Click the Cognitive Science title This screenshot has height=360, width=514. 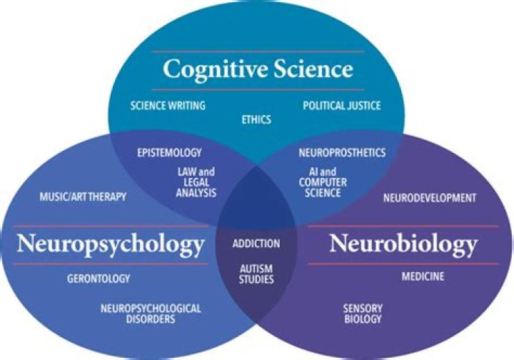coord(258,69)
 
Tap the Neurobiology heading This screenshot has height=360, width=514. coord(403,244)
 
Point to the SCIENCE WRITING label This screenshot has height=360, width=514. coord(168,106)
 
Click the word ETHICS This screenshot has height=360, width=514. coord(257,119)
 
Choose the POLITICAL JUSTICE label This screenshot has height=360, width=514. coord(342,106)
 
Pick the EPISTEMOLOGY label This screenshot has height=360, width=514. coord(169,152)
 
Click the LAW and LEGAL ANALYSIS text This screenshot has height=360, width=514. coord(196,182)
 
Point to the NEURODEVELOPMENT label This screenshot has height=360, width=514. coord(429,196)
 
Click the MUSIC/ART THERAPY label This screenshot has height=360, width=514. coord(84,196)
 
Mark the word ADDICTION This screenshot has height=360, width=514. coord(256,244)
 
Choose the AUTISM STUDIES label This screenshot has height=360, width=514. coord(256,274)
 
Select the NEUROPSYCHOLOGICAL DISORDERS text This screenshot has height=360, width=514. coord(151,314)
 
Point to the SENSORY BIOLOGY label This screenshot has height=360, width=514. coord(363,314)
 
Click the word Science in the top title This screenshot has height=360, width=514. coord(316,69)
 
